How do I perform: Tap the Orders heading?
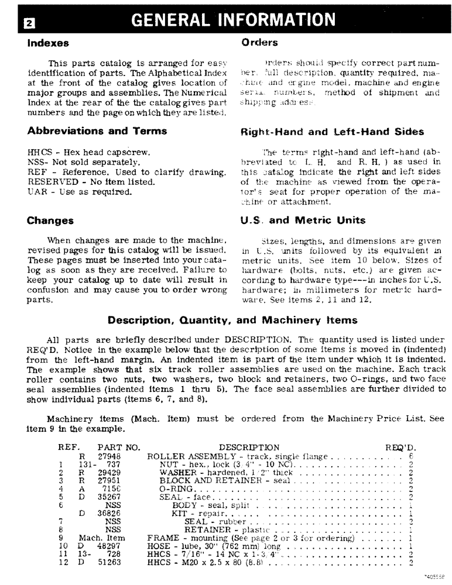259,43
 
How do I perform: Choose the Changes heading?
50,221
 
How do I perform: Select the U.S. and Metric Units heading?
303,221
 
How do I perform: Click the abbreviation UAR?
36,191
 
